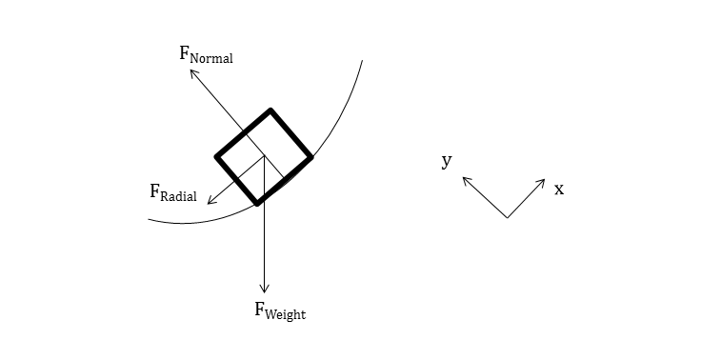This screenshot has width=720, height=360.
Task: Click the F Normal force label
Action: tap(206, 53)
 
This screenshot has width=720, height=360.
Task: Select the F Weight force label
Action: tap(279, 310)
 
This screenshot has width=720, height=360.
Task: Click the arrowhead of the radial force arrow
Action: tap(209, 203)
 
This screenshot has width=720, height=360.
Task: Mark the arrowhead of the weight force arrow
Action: tap(265, 290)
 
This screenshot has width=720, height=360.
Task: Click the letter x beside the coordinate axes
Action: tap(559, 189)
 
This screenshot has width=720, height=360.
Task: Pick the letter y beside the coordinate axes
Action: tap(446, 161)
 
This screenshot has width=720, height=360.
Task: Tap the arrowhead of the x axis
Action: tap(543, 181)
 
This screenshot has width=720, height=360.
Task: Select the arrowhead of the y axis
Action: tap(465, 178)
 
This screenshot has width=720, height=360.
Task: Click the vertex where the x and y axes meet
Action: tap(507, 218)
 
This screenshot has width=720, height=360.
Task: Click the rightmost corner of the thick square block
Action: tap(310, 157)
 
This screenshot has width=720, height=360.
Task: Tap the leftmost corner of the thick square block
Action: tap(217, 156)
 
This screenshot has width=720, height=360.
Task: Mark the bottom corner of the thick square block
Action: tap(257, 203)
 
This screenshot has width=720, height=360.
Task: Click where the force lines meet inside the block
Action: tap(265, 157)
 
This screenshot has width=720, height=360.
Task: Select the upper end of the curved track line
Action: tap(362, 61)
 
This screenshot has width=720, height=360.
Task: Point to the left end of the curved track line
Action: tap(150, 220)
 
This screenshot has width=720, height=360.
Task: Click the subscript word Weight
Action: tap(287, 313)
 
